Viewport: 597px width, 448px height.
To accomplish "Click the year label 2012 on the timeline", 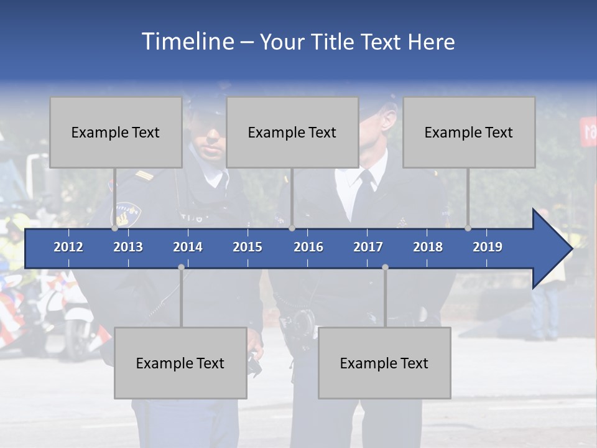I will click(68, 247).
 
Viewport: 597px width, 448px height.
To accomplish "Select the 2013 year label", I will click(128, 247).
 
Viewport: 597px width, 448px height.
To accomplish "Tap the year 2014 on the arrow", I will click(188, 247).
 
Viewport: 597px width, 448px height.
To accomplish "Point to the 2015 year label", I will click(248, 247).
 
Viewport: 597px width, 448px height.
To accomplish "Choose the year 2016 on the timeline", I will click(308, 247).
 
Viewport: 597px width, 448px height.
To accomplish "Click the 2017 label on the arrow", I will click(368, 247).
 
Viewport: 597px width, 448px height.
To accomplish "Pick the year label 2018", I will click(428, 247).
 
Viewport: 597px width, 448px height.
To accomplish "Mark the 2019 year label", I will click(488, 247).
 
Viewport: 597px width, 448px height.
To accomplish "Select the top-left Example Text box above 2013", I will click(116, 132).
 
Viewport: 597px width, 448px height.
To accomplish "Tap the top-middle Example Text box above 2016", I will click(292, 132).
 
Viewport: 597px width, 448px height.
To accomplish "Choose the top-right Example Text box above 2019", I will click(469, 132).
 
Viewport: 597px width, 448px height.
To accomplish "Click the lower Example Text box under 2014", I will click(180, 363).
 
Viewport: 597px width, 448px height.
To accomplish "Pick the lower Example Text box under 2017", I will click(384, 363).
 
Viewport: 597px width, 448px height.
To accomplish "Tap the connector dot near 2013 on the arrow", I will click(115, 228).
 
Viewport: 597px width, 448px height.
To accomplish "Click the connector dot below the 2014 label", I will click(181, 267).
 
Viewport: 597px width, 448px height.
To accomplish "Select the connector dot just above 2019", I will click(468, 228).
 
